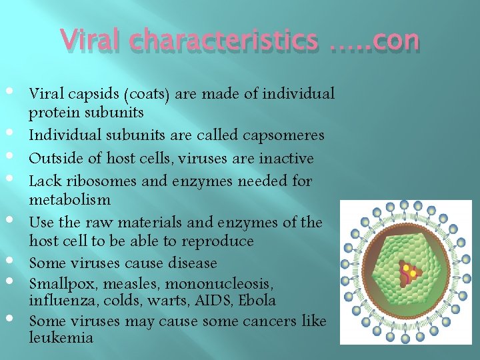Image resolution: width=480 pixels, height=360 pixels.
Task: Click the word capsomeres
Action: point(283,135)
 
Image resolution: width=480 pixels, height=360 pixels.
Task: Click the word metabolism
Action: point(70,199)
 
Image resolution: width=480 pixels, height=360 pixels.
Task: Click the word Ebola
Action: point(259,301)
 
